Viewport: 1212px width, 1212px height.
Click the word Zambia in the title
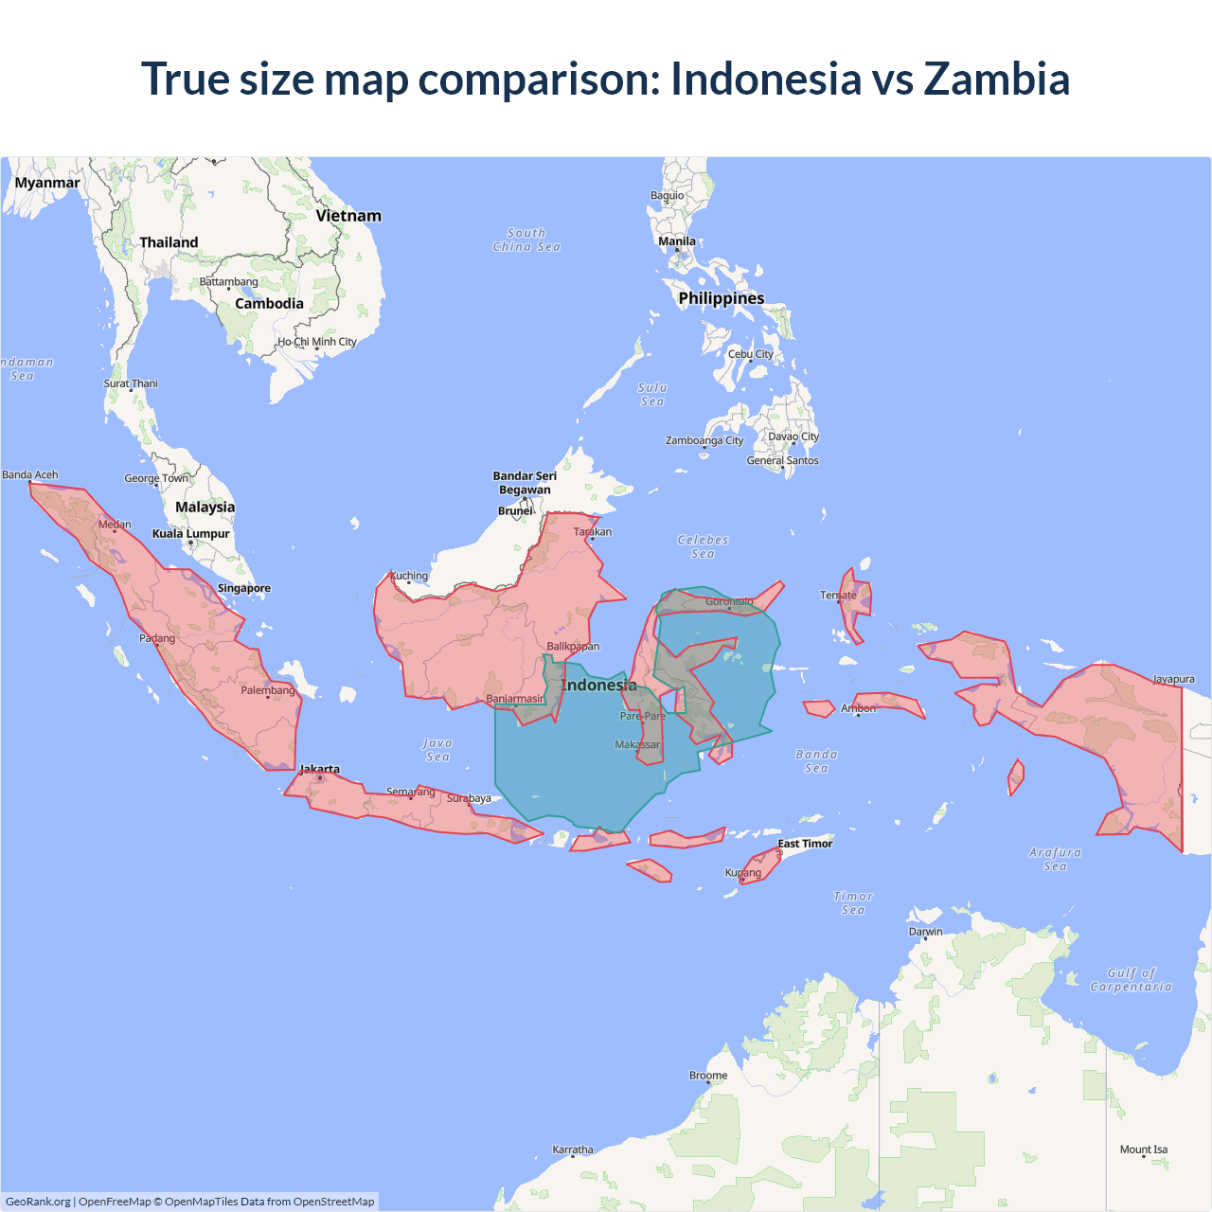pyautogui.click(x=996, y=79)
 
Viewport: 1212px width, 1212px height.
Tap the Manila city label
pyautogui.click(x=677, y=241)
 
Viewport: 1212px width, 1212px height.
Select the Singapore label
pyautogui.click(x=244, y=588)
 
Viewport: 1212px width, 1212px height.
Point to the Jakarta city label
pyautogui.click(x=320, y=769)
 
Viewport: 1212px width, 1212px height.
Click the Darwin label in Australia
pyautogui.click(x=926, y=932)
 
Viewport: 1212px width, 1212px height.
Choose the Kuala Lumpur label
pyautogui.click(x=191, y=534)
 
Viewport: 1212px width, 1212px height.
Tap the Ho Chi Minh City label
pyautogui.click(x=317, y=342)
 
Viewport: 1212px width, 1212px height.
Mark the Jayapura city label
pyautogui.click(x=1173, y=679)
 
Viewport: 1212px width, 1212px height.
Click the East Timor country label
pyautogui.click(x=805, y=844)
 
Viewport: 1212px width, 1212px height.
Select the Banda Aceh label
pyautogui.click(x=30, y=475)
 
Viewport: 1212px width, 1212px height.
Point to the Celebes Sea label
pyautogui.click(x=704, y=546)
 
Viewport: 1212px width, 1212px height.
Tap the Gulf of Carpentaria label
pyautogui.click(x=1131, y=980)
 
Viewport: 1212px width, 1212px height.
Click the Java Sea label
pyautogui.click(x=437, y=750)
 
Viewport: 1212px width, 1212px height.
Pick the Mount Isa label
pyautogui.click(x=1144, y=1150)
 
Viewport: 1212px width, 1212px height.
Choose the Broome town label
pyautogui.click(x=708, y=1076)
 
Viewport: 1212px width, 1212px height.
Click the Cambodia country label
pyautogui.click(x=269, y=304)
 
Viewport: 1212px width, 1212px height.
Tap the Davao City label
pyautogui.click(x=793, y=437)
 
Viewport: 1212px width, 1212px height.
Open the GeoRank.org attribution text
pyautogui.click(x=38, y=1202)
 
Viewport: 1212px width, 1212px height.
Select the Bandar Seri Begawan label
pyautogui.click(x=525, y=483)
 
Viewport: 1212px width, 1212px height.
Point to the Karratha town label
pyautogui.click(x=573, y=1150)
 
